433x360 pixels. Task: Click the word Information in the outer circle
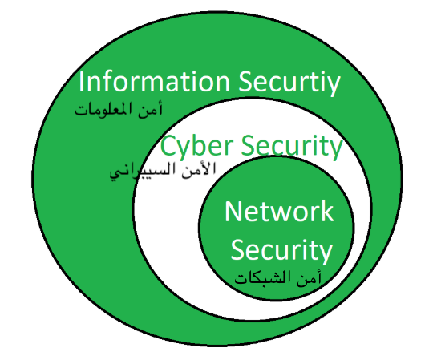[x=155, y=81]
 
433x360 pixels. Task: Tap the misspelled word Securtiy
[x=289, y=83]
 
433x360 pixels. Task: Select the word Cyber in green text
[x=197, y=146]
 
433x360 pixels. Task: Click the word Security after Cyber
[x=292, y=146]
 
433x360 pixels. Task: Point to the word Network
[x=279, y=212]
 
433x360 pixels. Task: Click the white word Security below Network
[x=281, y=251]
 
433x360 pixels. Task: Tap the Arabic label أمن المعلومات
[x=119, y=110]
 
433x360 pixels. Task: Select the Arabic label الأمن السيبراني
[x=163, y=171]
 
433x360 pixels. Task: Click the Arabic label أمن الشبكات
[x=277, y=277]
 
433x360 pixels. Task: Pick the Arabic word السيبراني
[x=144, y=172]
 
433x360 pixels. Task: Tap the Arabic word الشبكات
[x=265, y=277]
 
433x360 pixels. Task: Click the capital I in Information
[x=81, y=82]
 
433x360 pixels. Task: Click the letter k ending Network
[x=327, y=211]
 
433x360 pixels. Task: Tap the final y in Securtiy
[x=334, y=86]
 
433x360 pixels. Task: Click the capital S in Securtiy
[x=245, y=82]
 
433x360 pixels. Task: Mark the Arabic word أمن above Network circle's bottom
[x=310, y=277]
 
